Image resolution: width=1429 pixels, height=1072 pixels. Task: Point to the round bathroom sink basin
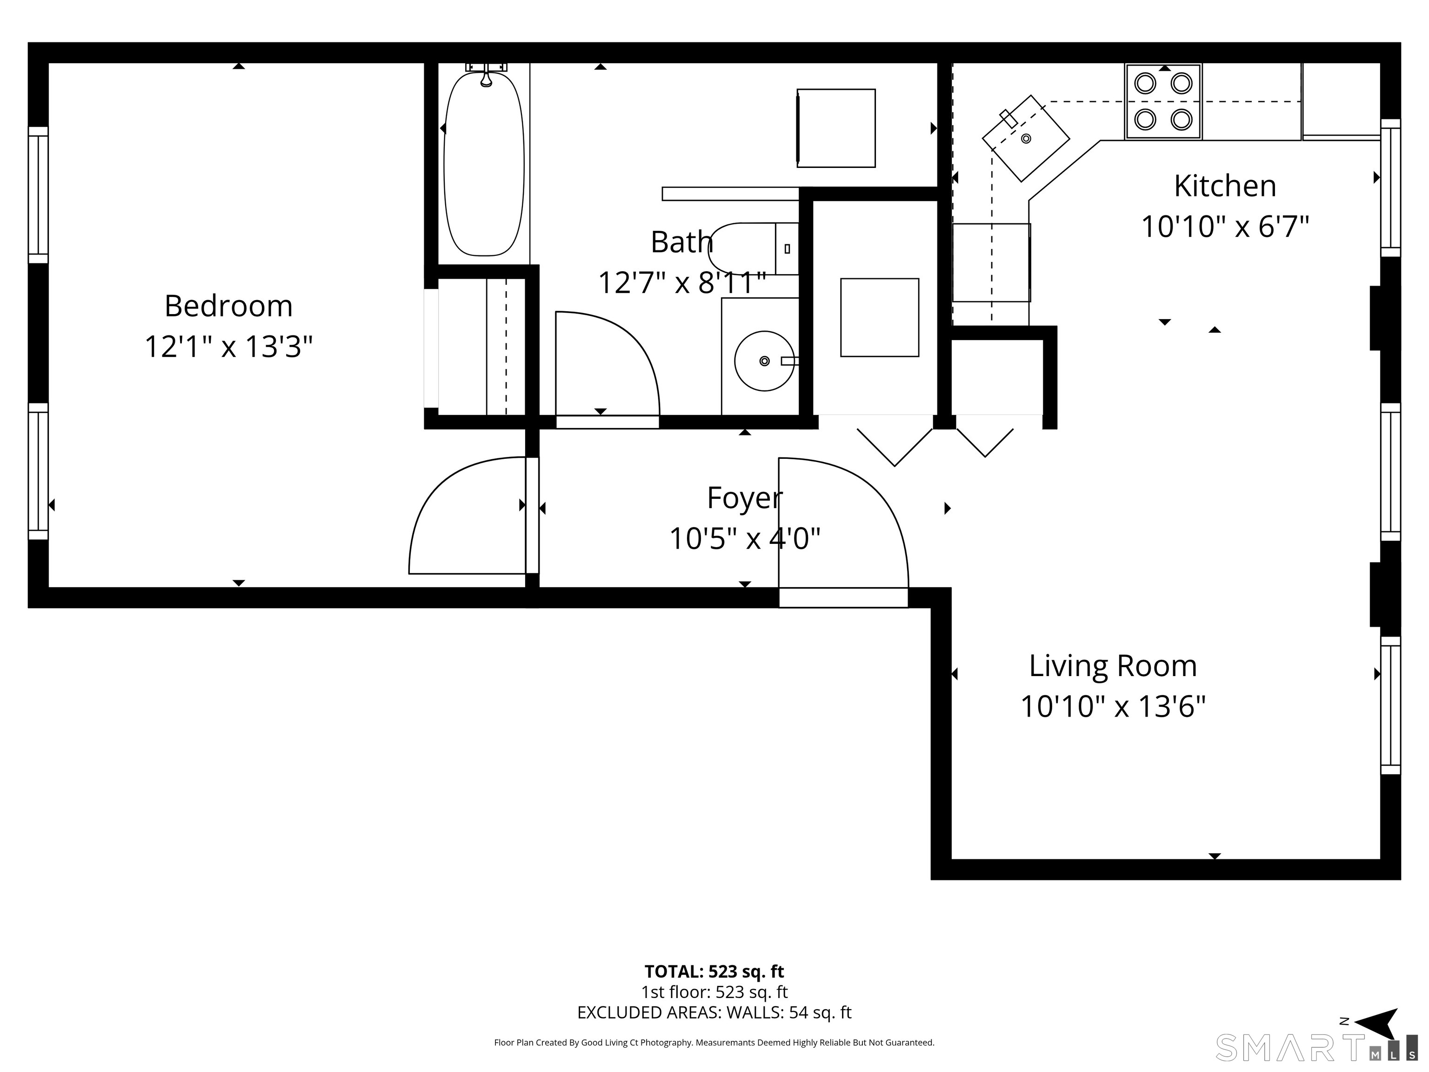coord(764,361)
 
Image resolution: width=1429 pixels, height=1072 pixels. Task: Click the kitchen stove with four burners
coord(1163,101)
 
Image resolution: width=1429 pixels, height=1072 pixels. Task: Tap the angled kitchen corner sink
coord(1026,138)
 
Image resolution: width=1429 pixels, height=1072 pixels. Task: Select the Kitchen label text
coord(1225,186)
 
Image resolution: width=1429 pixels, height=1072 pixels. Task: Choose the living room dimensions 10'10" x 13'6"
coord(1112,706)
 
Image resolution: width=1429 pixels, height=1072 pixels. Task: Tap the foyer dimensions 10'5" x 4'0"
coord(744,538)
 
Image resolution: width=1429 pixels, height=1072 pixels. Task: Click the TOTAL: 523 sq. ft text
coord(714,971)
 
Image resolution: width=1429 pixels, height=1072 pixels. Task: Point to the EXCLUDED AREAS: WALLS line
coord(714,1012)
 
